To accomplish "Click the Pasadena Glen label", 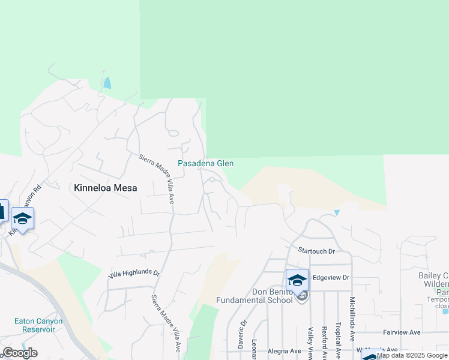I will pos(205,163).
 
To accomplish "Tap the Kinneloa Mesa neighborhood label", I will pos(105,188).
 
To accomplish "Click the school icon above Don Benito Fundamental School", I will pos(297,280).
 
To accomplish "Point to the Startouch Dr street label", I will pos(316,250).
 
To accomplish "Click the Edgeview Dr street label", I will pos(331,278).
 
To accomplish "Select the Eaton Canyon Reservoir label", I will pos(42,325).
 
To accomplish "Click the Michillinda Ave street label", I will pos(353,318).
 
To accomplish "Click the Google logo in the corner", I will pos(20,353).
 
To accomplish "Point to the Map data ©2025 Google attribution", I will pos(412,356).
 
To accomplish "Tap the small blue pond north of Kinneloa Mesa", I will pos(107,83).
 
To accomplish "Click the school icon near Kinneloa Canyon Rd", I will pos(22,219).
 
